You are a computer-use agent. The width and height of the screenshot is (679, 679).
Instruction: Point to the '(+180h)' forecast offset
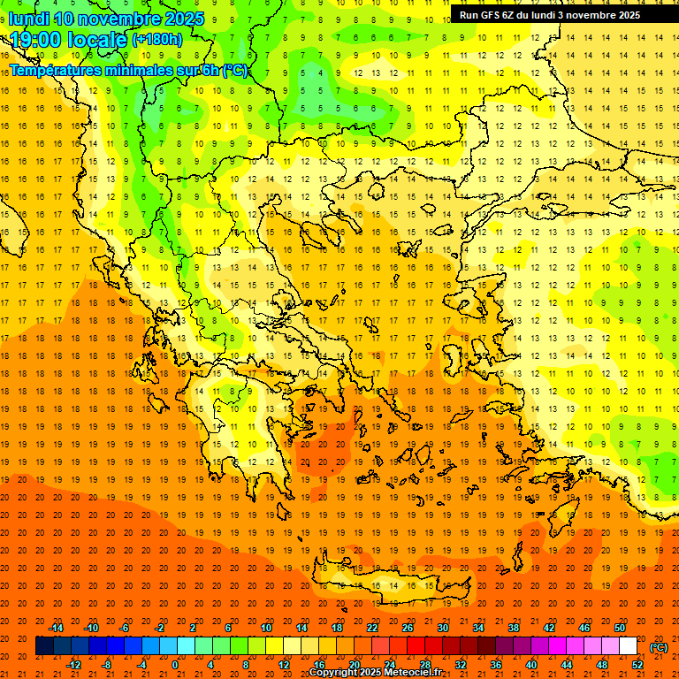coord(156,40)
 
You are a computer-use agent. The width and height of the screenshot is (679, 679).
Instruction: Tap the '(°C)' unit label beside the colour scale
coord(658,647)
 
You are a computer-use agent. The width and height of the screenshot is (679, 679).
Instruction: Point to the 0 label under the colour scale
coord(175,665)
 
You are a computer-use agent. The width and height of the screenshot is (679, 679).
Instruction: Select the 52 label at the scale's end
coord(637,665)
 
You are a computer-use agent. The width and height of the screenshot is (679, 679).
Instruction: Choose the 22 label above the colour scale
coord(372,628)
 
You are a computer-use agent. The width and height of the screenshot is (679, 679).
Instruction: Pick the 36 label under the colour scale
coord(496,665)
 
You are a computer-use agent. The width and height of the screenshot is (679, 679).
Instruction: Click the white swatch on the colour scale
coord(629,646)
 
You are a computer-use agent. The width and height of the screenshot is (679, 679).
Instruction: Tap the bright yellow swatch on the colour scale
coord(274,646)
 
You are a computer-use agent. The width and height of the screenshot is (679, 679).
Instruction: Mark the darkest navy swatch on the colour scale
coord(44,646)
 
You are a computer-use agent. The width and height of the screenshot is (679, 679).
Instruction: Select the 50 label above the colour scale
coord(620,628)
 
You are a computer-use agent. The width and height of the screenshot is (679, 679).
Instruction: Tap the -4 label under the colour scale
coord(141,665)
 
